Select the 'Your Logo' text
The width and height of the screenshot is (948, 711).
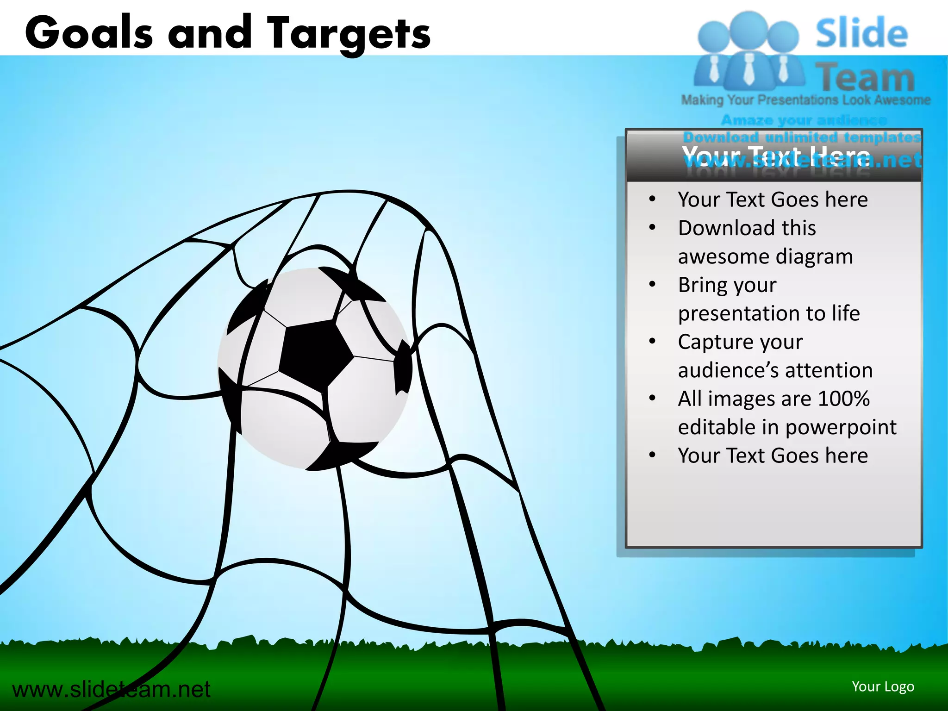tap(883, 686)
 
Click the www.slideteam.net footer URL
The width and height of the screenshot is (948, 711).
tap(111, 689)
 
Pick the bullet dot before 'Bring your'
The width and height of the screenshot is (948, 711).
tap(652, 284)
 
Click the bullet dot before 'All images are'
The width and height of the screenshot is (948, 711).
tap(652, 398)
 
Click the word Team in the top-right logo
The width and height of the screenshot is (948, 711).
tap(865, 78)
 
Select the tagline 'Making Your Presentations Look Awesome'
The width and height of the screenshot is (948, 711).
tap(805, 100)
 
